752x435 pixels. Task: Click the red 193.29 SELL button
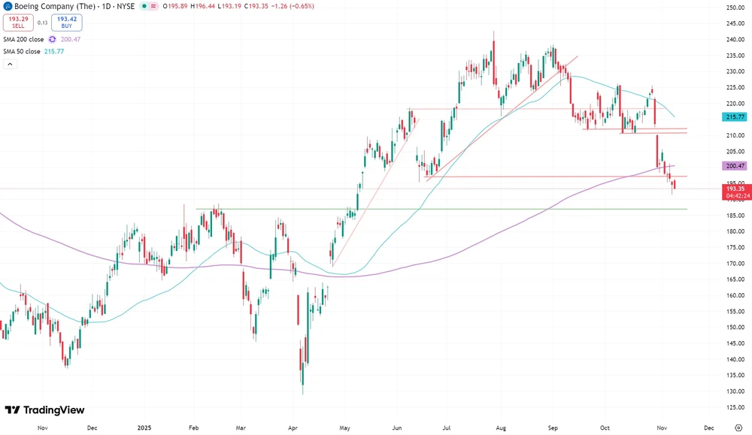click(x=17, y=22)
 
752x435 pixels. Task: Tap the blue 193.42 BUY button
click(x=67, y=22)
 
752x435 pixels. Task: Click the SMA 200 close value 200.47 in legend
click(x=71, y=39)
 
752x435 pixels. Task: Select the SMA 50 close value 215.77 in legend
click(x=54, y=51)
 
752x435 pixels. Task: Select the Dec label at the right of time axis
click(x=708, y=427)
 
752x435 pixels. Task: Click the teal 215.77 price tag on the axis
click(x=733, y=117)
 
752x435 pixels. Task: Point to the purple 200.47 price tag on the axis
click(x=733, y=165)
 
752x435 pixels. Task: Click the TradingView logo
click(x=44, y=410)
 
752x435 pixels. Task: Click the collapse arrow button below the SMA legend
click(x=10, y=65)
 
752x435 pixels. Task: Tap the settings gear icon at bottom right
click(x=738, y=427)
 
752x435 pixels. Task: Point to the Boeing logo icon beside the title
click(x=7, y=6)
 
